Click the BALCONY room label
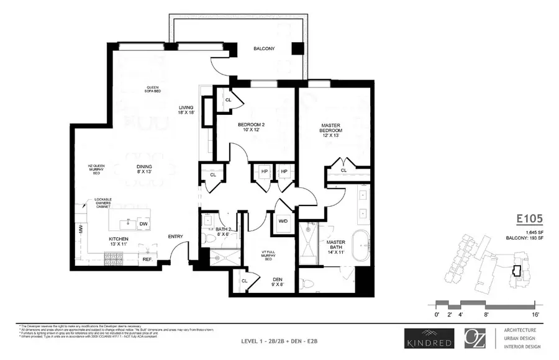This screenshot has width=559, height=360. pos(264,49)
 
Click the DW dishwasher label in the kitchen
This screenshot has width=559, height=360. pos(143,224)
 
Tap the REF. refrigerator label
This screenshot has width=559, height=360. pos(147,259)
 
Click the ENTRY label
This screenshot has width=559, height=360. pos(176,236)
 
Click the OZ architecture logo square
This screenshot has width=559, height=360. pos(476,338)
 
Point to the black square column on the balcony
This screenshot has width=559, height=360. pos(298,49)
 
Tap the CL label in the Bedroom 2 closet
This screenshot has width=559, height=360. pos(228,99)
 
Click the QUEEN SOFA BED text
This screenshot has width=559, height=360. pos(153,89)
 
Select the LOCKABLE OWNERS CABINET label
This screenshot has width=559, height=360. pos(103,204)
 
